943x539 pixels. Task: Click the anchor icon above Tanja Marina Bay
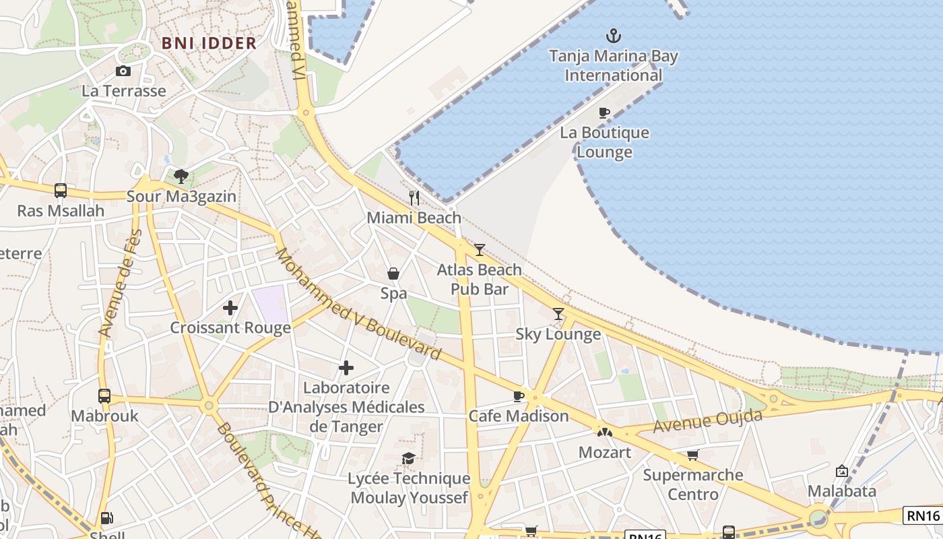(x=613, y=35)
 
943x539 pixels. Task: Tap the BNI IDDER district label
(x=209, y=43)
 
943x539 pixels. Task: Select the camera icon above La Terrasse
(x=123, y=71)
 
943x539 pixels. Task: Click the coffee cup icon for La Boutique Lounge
(x=604, y=113)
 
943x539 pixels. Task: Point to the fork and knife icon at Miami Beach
(x=414, y=198)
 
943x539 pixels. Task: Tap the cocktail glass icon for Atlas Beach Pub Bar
(x=479, y=250)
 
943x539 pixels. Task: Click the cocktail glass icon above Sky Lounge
(x=558, y=314)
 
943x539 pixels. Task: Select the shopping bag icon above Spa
(x=393, y=274)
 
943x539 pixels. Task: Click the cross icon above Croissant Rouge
(x=230, y=308)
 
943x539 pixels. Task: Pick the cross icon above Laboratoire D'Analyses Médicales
(x=346, y=368)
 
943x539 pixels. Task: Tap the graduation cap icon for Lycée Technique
(x=408, y=459)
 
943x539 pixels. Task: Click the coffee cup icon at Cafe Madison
(x=518, y=396)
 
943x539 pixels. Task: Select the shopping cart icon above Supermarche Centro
(x=692, y=455)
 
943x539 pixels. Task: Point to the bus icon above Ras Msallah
(x=61, y=191)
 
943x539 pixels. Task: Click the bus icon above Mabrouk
(x=104, y=395)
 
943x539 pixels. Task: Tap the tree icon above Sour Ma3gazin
(x=181, y=177)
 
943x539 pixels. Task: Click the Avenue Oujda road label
(x=707, y=421)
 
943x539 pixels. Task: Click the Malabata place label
(x=842, y=490)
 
